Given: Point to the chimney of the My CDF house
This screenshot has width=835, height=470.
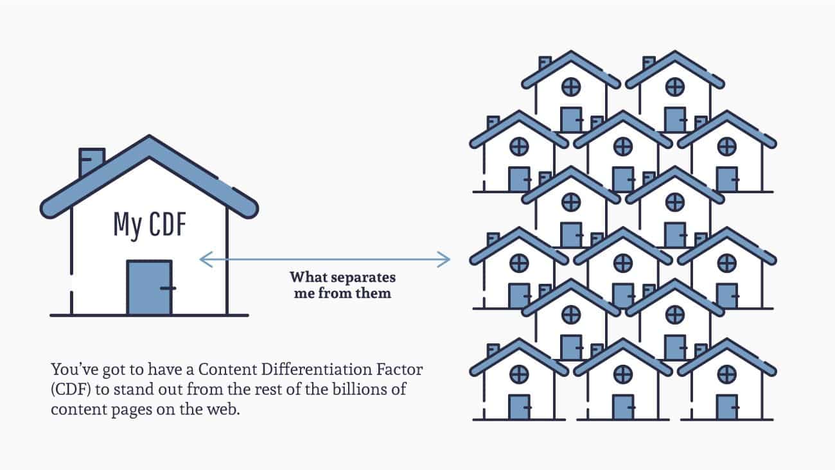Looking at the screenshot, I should pyautogui.click(x=91, y=161).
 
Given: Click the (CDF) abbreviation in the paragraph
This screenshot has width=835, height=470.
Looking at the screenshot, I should pyautogui.click(x=69, y=390).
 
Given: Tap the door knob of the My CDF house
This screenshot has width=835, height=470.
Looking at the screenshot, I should pyautogui.click(x=168, y=288).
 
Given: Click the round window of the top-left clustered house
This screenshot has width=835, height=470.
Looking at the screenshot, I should pyautogui.click(x=570, y=86).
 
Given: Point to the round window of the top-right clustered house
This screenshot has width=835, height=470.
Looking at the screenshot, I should pyautogui.click(x=674, y=86).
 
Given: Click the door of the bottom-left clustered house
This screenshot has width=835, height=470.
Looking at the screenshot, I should pyautogui.click(x=519, y=406).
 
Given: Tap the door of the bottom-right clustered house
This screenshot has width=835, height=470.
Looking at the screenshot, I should pyautogui.click(x=726, y=406).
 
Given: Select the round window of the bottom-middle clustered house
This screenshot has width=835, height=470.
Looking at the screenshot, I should pyautogui.click(x=622, y=374).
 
